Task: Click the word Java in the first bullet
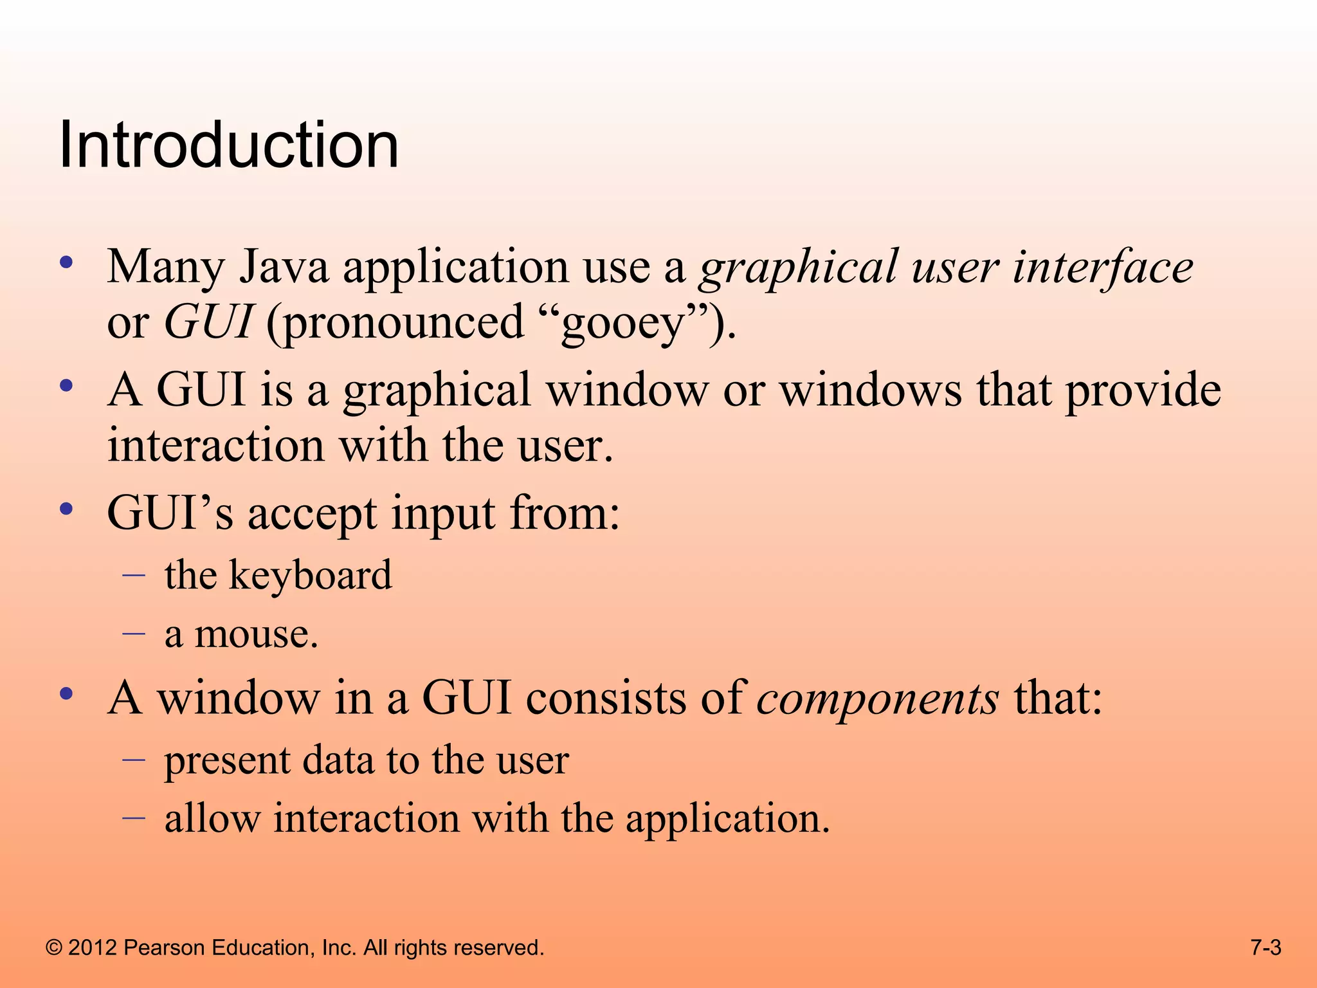click(x=284, y=266)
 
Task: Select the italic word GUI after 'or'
click(x=208, y=322)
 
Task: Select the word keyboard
click(x=310, y=575)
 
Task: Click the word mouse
click(x=256, y=634)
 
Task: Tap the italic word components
click(x=877, y=699)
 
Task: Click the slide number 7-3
click(x=1266, y=947)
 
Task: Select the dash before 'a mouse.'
click(x=134, y=633)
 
